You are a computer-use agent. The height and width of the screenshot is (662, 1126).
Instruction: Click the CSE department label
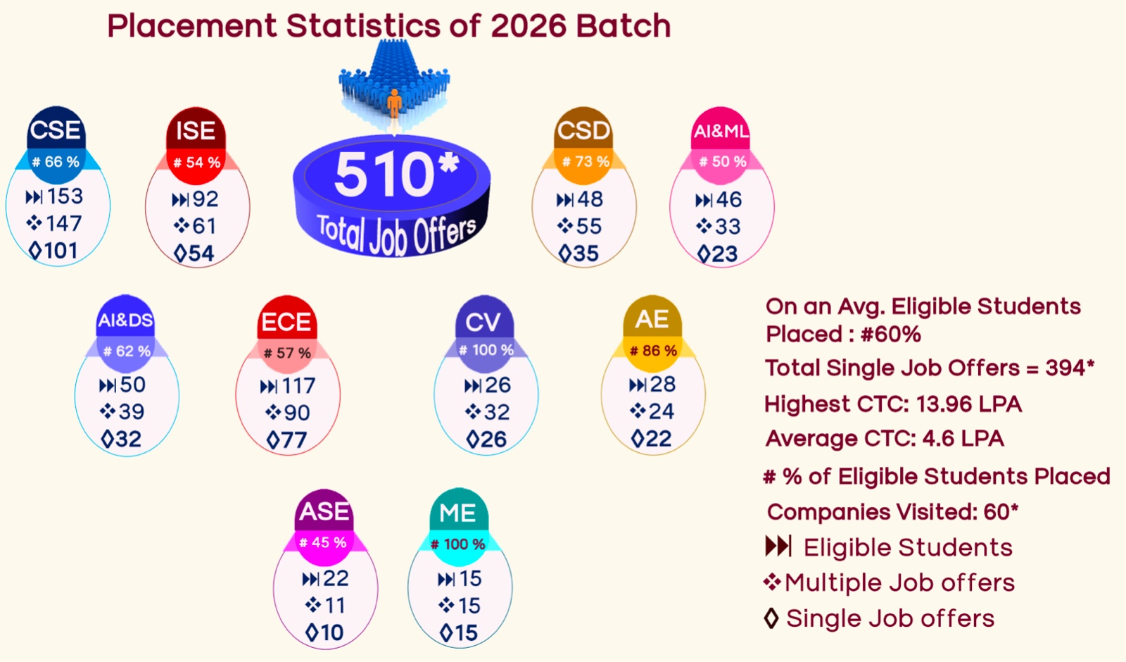[56, 130]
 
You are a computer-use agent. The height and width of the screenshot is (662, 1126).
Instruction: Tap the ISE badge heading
[196, 131]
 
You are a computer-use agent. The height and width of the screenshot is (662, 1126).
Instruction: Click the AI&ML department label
[721, 132]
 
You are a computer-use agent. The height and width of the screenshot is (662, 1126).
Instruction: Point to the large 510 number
[384, 176]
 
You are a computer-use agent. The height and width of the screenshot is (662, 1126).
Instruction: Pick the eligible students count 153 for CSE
[65, 196]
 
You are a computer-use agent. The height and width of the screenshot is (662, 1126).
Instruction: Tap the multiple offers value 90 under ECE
[297, 413]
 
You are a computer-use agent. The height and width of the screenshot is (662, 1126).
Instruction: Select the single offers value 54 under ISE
[201, 254]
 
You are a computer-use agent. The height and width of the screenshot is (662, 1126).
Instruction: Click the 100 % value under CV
[493, 350]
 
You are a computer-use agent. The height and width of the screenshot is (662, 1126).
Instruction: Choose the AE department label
[652, 320]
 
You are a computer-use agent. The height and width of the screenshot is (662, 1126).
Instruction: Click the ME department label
[457, 513]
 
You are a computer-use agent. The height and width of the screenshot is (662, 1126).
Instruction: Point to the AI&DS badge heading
[125, 320]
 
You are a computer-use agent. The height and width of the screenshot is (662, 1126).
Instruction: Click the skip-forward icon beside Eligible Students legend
[778, 547]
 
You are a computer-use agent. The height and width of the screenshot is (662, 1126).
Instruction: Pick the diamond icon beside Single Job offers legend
[771, 618]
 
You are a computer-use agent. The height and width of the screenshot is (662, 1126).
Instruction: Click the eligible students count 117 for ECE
[298, 386]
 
